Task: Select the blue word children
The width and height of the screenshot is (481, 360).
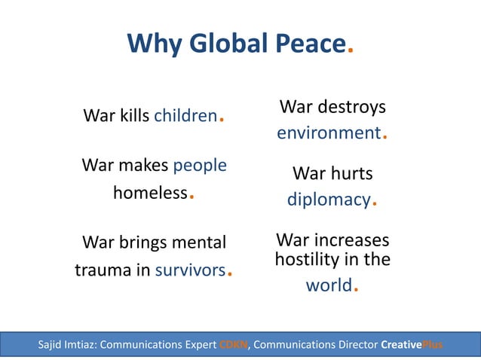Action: pyautogui.click(x=185, y=116)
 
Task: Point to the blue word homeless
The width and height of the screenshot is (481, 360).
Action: pyautogui.click(x=150, y=193)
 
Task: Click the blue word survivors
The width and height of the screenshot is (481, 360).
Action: pyautogui.click(x=191, y=270)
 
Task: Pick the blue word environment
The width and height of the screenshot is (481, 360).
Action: pyautogui.click(x=329, y=133)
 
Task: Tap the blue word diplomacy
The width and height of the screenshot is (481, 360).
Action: pyautogui.click(x=329, y=200)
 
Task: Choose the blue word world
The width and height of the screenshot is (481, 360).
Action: pyautogui.click(x=329, y=285)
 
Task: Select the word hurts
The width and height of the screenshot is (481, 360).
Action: pyautogui.click(x=353, y=174)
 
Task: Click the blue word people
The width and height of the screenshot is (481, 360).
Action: pyautogui.click(x=200, y=164)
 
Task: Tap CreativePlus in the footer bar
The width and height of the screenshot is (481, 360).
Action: pyautogui.click(x=412, y=346)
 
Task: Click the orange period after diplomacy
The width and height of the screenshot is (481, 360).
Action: pyautogui.click(x=375, y=204)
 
